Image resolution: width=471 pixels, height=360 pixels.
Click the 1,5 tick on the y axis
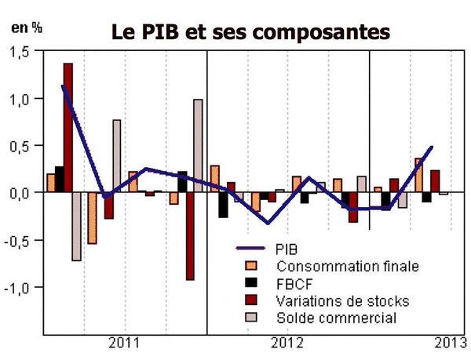(x=22, y=52)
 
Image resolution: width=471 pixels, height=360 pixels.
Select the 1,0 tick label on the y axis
(x=22, y=99)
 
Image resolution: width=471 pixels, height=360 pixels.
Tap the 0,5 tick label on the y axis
(x=22, y=146)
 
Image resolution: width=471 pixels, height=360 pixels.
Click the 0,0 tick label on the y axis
(x=22, y=193)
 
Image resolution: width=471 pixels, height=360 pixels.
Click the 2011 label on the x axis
(x=125, y=343)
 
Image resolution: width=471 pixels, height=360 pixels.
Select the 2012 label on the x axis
(x=287, y=343)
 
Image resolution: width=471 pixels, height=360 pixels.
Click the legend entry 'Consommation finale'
(x=330, y=267)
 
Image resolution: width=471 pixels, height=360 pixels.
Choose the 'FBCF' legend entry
(x=291, y=284)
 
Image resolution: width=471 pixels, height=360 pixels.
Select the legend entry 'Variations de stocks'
(x=330, y=300)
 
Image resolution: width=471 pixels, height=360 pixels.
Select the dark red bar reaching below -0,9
(x=190, y=236)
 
